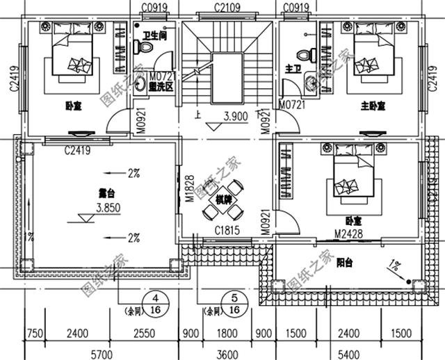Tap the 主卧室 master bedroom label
373,106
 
